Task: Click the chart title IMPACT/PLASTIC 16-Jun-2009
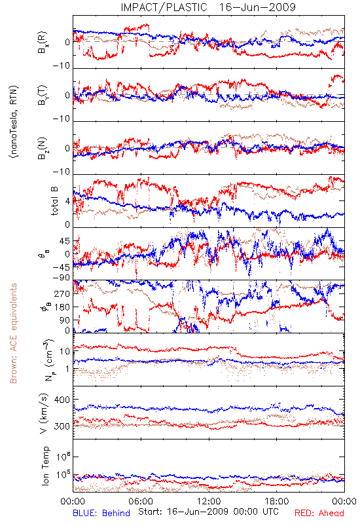click(208, 7)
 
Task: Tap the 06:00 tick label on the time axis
click(141, 501)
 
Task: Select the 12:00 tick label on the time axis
click(209, 501)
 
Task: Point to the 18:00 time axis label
click(277, 501)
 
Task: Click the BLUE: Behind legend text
click(101, 513)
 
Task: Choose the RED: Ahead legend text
click(319, 513)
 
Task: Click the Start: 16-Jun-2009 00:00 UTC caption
click(208, 512)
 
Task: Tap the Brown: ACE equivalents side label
click(13, 333)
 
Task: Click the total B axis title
click(54, 201)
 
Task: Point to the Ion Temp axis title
click(45, 466)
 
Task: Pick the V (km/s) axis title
click(44, 413)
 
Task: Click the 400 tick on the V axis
click(62, 400)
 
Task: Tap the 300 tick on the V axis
click(62, 426)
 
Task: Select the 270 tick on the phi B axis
click(62, 293)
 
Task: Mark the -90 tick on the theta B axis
click(61, 278)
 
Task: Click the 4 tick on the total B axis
click(67, 201)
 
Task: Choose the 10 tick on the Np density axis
click(65, 351)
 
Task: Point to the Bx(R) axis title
click(43, 43)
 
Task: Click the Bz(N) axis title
click(43, 149)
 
